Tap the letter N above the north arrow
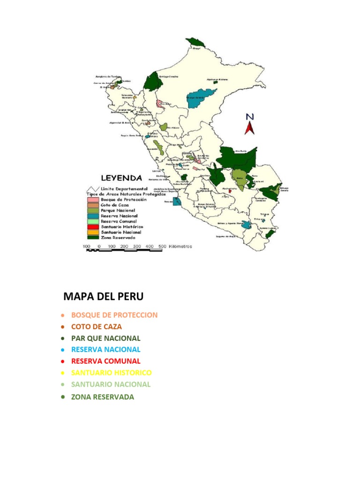(250, 117)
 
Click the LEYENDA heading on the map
(122, 178)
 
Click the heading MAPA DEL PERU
(103, 297)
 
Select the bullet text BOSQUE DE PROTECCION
(114, 315)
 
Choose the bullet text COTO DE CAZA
(96, 327)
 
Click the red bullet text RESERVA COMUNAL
(105, 361)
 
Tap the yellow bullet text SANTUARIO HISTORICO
(111, 373)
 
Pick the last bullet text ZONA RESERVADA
(102, 397)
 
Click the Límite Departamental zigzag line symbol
(91, 188)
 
